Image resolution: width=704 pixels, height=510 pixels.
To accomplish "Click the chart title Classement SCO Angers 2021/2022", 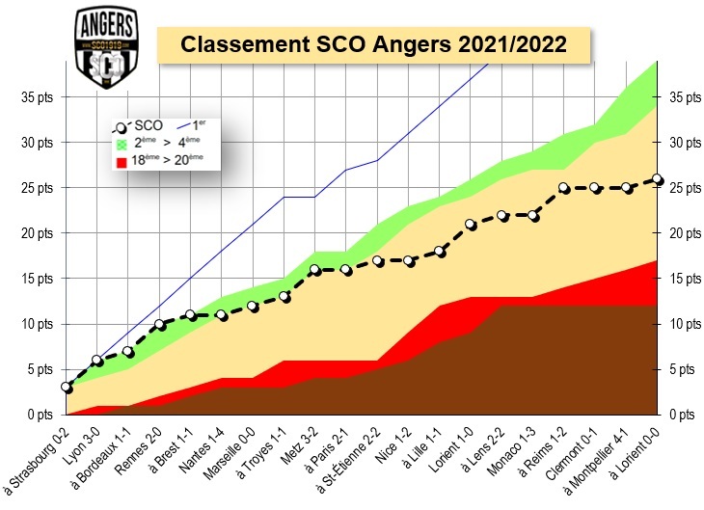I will click(373, 44).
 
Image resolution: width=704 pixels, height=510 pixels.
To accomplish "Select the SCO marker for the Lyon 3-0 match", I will click(97, 361).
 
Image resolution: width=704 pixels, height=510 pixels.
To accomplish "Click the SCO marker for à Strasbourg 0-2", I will click(66, 388).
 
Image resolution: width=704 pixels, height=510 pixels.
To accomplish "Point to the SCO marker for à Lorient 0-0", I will click(657, 179).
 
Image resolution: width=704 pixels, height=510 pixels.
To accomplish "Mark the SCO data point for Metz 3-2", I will click(315, 270).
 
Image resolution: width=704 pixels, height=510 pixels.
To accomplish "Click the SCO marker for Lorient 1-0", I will click(471, 225).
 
